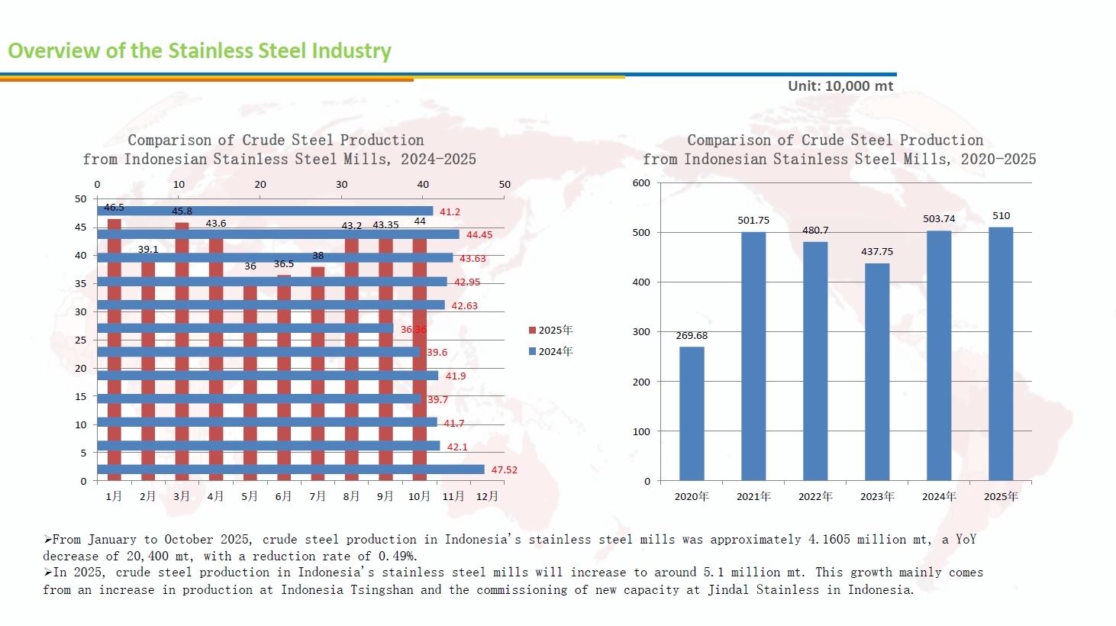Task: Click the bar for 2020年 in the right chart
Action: pyautogui.click(x=692, y=413)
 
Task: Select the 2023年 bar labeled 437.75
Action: pyautogui.click(x=877, y=372)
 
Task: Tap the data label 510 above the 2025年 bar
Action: pyautogui.click(x=1001, y=216)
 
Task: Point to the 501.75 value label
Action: pyautogui.click(x=753, y=221)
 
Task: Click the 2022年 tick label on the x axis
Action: pyautogui.click(x=815, y=496)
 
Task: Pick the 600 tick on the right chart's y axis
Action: pyautogui.click(x=641, y=183)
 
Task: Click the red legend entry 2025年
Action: pyautogui.click(x=550, y=330)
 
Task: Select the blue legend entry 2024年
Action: pyautogui.click(x=550, y=351)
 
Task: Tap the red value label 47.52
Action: pyautogui.click(x=504, y=470)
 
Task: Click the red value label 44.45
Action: pyautogui.click(x=479, y=235)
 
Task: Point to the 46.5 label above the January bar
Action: pyautogui.click(x=114, y=208)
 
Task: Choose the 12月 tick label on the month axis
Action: pyautogui.click(x=487, y=496)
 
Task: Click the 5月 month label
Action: pyautogui.click(x=250, y=496)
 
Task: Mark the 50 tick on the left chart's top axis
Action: pyautogui.click(x=505, y=185)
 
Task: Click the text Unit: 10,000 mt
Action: pyautogui.click(x=840, y=86)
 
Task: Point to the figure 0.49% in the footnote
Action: pyautogui.click(x=398, y=557)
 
